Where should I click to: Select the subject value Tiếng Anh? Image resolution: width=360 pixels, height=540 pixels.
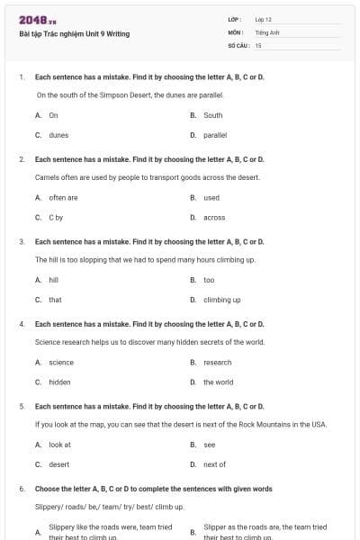point(266,31)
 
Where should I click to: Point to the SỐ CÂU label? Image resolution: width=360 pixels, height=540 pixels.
point(238,44)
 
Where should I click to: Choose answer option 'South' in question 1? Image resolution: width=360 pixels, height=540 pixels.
point(213,115)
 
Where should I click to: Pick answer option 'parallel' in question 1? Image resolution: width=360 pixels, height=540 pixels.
point(215,135)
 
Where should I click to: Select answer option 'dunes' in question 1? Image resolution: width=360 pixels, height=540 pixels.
point(58,135)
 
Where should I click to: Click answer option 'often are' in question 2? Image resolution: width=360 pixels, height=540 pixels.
point(63,198)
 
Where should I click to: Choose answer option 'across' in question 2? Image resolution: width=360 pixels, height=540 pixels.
point(214,218)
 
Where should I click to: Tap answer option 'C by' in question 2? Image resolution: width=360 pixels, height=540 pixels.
point(56,218)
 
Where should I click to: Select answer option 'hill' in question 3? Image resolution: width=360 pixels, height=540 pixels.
point(54,280)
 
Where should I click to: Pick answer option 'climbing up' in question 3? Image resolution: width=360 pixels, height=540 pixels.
point(221,300)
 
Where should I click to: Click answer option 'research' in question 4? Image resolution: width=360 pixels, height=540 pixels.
point(217,362)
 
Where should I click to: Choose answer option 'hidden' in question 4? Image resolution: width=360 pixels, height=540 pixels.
point(59,382)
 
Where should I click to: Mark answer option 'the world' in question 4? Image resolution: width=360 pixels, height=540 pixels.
point(218,382)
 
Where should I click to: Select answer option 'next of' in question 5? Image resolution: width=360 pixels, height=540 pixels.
point(214,464)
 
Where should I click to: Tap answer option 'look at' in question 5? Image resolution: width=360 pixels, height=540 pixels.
point(59,445)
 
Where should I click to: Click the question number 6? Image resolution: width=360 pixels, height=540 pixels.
point(22,489)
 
